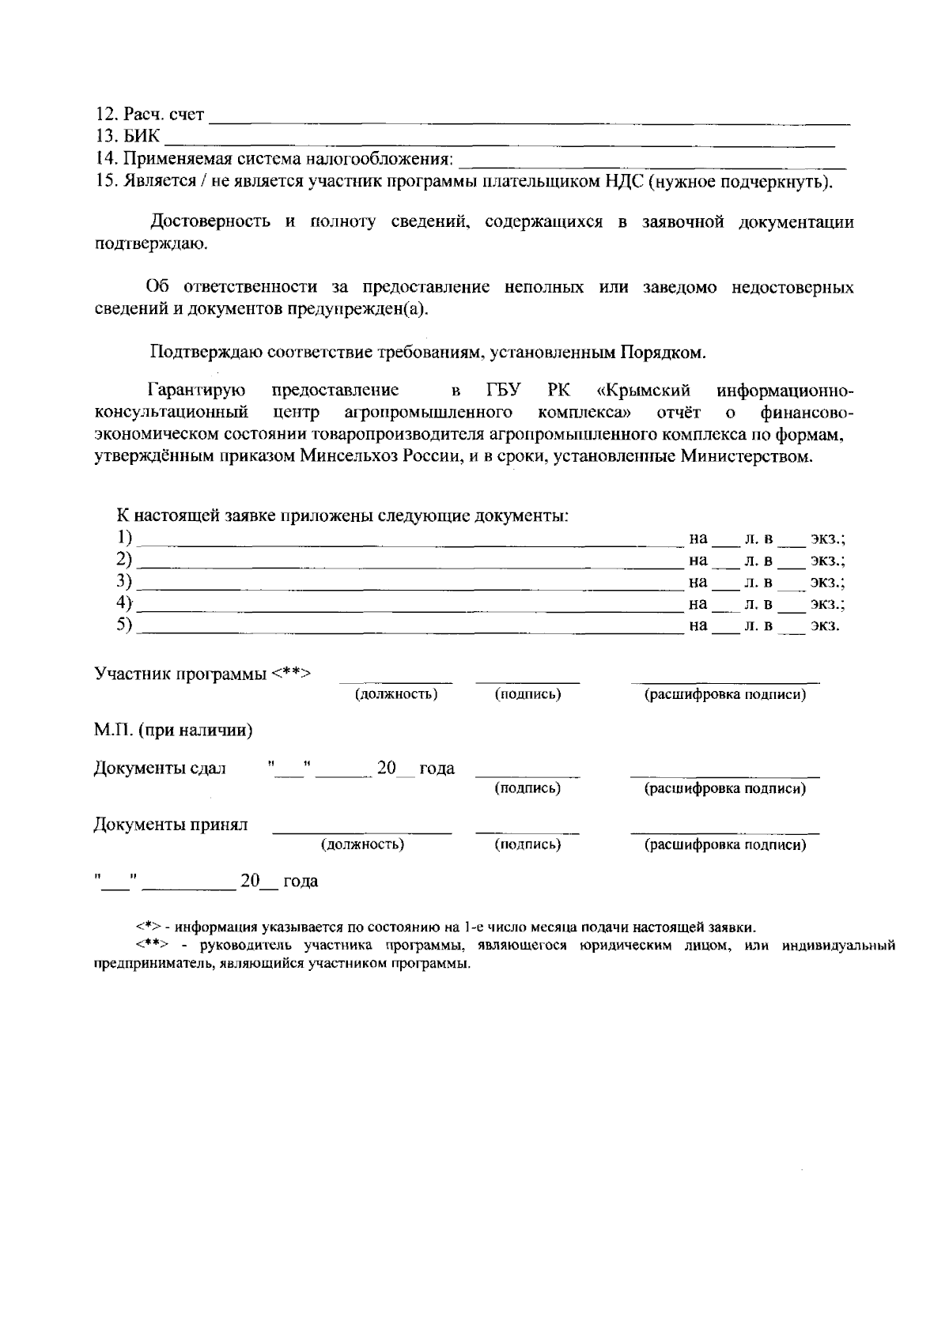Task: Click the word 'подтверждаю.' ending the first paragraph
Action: [151, 244]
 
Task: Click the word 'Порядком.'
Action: [664, 352]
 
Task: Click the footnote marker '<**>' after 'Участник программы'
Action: [291, 674]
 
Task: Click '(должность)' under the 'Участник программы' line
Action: [395, 695]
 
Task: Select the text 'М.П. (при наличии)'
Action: [173, 731]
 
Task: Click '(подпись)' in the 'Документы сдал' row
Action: [527, 788]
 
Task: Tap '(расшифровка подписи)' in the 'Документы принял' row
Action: [724, 845]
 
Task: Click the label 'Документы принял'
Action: [170, 825]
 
